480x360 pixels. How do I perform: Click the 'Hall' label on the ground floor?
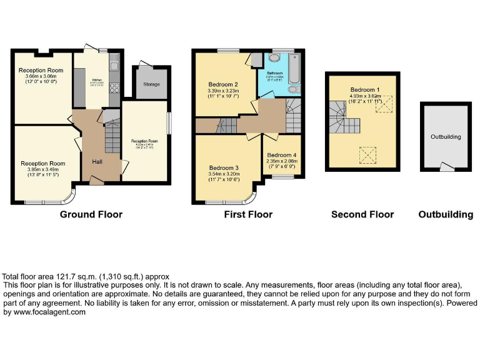(x=98, y=161)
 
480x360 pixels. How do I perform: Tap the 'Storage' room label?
(x=151, y=84)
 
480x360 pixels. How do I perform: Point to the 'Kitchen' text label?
(x=97, y=80)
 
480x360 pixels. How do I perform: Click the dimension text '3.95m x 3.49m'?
(x=42, y=169)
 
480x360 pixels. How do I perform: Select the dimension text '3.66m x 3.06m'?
(x=41, y=76)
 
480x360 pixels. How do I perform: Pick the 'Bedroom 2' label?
(x=223, y=84)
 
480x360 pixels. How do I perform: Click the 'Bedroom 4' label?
(x=282, y=154)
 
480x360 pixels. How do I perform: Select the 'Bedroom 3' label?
(x=224, y=167)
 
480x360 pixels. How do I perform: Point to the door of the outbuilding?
(x=445, y=166)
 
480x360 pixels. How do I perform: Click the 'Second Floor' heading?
(x=362, y=214)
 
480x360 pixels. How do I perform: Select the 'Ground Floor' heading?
(x=91, y=214)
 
